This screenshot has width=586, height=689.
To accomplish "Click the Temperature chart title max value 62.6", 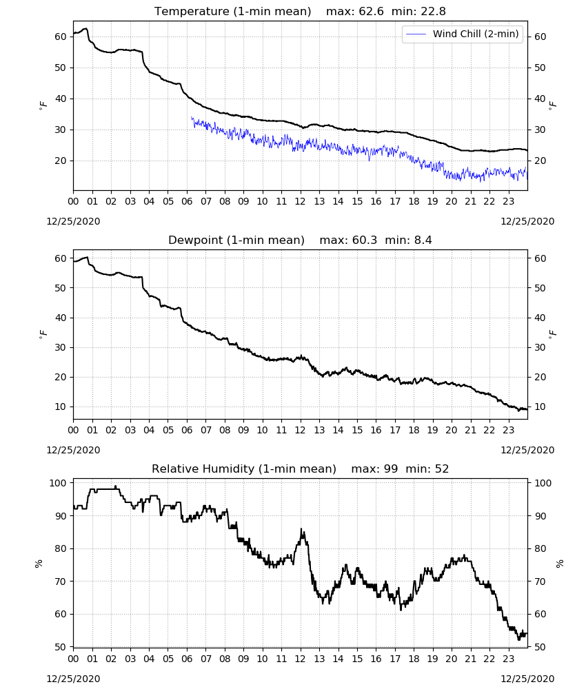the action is tap(371, 12).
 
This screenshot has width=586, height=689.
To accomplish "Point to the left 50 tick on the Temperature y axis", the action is tap(60, 68).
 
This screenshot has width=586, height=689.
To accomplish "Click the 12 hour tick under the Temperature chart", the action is tap(300, 201).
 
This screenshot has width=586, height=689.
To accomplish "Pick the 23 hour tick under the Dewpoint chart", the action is tap(508, 430).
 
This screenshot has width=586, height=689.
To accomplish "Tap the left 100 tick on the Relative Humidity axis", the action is tap(58, 483).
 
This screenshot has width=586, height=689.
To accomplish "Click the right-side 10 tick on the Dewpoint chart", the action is tap(540, 407).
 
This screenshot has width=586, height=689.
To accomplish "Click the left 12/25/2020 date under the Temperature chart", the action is tap(73, 221).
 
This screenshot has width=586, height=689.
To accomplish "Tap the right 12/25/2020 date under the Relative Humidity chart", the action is tap(527, 679).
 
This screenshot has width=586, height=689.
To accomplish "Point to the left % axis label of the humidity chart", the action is tap(39, 564).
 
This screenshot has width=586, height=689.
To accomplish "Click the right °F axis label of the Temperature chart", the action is tap(553, 105).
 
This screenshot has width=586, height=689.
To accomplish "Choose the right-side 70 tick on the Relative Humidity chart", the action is tap(540, 582).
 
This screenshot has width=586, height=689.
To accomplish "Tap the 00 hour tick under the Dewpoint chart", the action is tap(73, 430).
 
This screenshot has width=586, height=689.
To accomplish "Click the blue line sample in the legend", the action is tap(416, 34).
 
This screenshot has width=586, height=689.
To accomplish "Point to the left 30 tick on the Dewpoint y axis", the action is tap(60, 347).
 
